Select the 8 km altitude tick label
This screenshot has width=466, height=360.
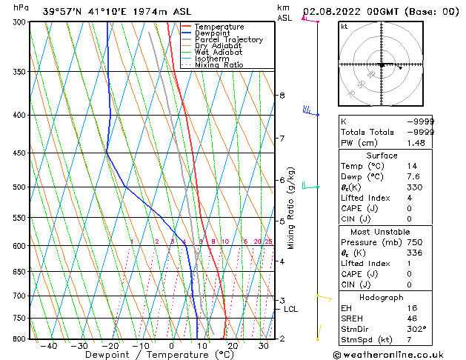[x=282, y=96]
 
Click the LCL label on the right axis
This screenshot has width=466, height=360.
[x=290, y=309]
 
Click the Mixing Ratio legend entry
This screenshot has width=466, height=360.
[x=219, y=65]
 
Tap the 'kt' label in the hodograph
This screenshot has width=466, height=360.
[x=344, y=27]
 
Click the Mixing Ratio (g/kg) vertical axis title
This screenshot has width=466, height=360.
[x=291, y=208]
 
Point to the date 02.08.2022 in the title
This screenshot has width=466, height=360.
[x=328, y=11]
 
